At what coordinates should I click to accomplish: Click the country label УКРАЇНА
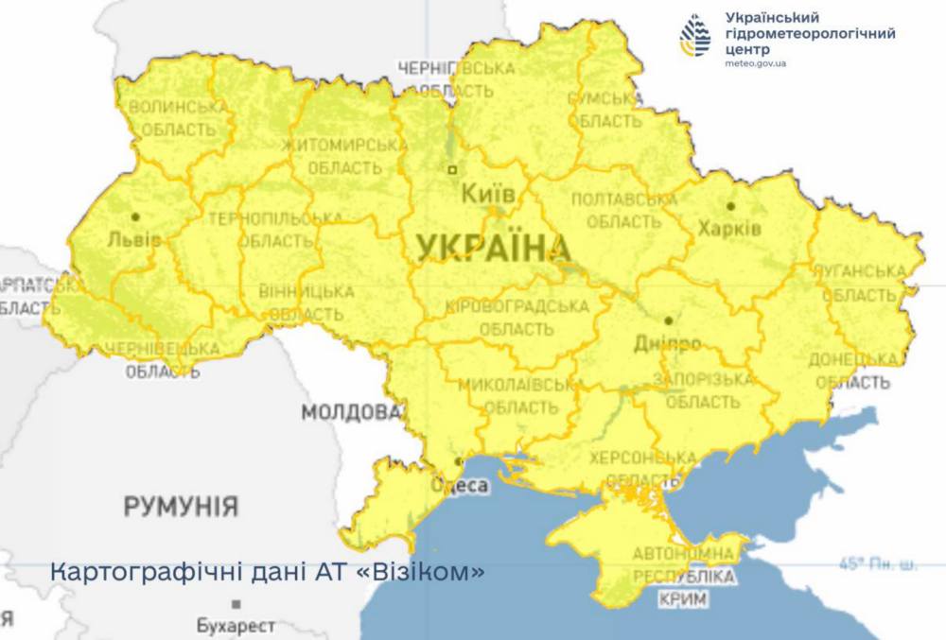coord(493,248)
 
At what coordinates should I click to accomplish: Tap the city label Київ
coord(488,195)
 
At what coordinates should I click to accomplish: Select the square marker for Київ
coord(452,170)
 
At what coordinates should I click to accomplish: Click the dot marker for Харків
coord(730,205)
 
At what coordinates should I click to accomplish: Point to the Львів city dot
coord(136,216)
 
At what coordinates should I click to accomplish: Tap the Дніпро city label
coord(669,342)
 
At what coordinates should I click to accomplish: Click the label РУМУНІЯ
coord(181,506)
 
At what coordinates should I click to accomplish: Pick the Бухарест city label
coord(236,626)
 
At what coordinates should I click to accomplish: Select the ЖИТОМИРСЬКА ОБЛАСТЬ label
coord(344,156)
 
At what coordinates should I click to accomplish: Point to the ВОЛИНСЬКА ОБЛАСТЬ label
coord(179,117)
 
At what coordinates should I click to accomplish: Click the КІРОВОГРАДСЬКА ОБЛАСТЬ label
coord(517,318)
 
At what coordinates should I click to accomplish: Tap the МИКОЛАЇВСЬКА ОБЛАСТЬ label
coord(520,396)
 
